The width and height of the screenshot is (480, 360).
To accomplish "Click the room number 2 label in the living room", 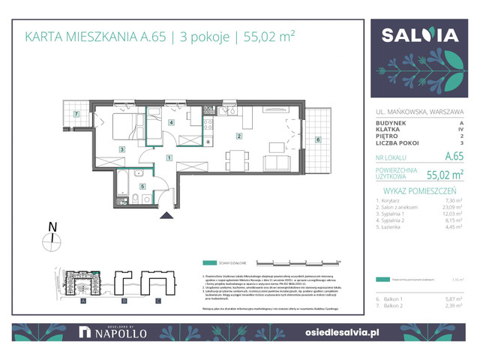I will point(238,136).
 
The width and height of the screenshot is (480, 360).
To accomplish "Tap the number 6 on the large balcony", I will point(318,139).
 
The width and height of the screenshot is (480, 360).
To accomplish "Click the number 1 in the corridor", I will point(169,157).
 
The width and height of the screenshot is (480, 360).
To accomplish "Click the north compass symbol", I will point(52,239).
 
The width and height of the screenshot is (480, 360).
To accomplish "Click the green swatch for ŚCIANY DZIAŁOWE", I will point(213,263).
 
